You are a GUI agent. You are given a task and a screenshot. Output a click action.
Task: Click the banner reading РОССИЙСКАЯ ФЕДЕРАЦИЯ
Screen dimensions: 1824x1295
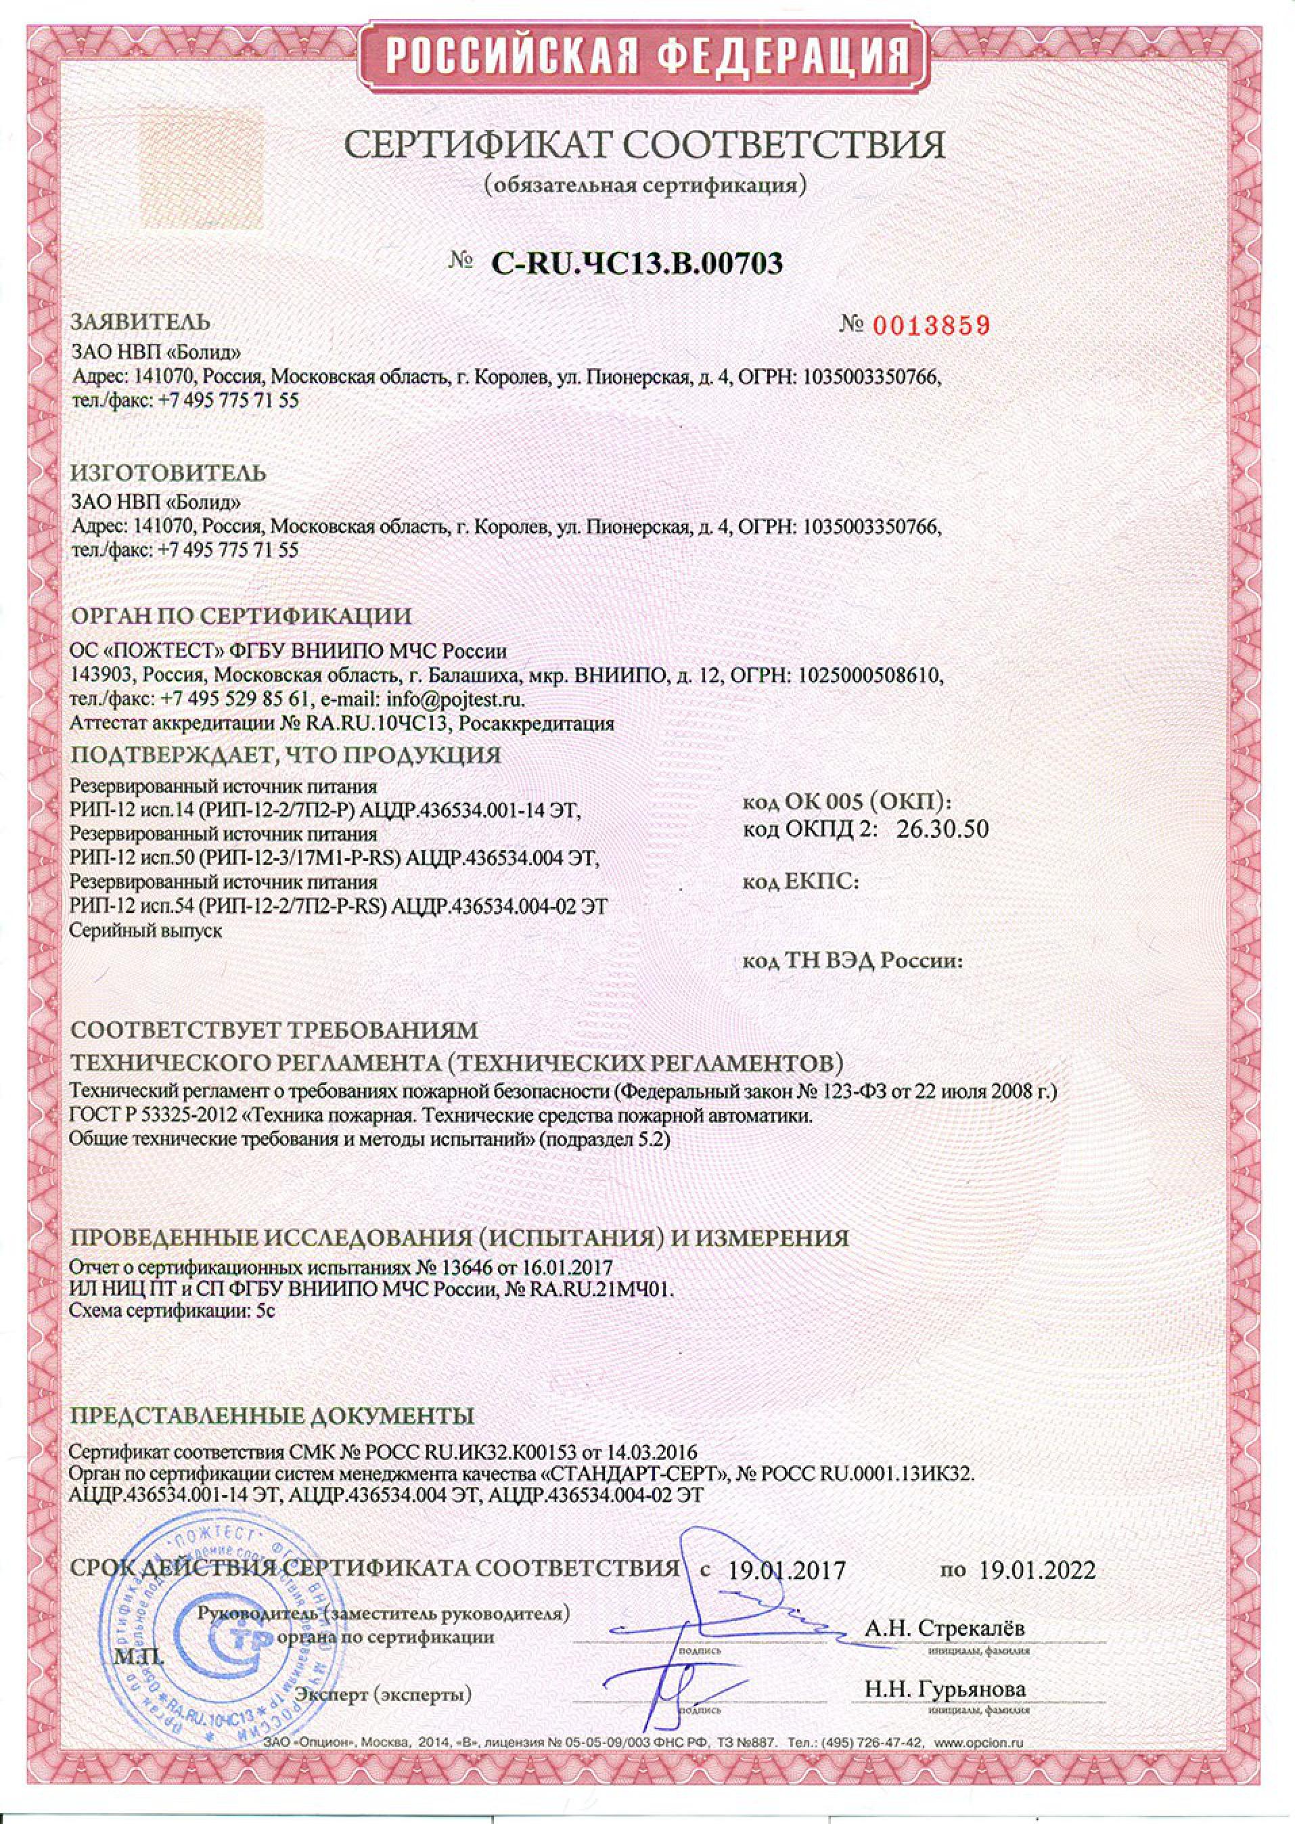(647, 58)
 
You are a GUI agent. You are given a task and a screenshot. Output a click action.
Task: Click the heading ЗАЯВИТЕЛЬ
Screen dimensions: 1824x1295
(141, 322)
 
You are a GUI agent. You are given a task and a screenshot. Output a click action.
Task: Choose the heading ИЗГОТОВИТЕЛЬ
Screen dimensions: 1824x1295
(169, 473)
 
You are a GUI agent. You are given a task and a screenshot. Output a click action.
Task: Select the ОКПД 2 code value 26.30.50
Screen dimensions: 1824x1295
(942, 830)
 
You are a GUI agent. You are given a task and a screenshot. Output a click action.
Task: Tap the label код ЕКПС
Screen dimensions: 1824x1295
(800, 881)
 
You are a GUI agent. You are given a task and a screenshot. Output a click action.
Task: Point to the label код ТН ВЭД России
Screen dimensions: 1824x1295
(853, 961)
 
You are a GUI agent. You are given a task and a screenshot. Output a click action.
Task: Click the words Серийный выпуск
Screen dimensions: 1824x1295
(146, 930)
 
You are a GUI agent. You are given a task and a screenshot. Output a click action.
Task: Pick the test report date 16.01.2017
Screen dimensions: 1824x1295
(567, 1267)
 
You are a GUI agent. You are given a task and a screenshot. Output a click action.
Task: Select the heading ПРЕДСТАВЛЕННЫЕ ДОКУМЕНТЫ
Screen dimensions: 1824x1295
(273, 1417)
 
